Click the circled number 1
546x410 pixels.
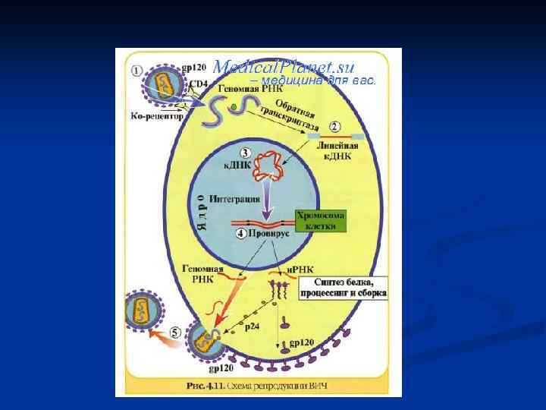(136, 71)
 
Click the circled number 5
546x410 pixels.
(175, 331)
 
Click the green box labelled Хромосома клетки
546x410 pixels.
(319, 221)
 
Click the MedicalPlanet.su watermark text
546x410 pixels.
(284, 66)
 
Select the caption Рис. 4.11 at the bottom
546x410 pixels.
(259, 386)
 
